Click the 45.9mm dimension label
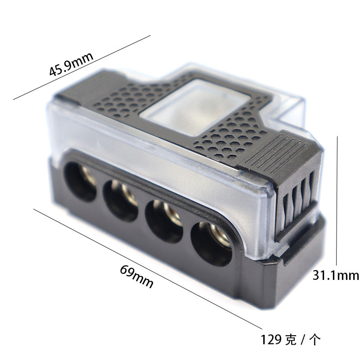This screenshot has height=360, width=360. pos(71,64)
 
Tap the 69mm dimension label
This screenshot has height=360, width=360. pos(137,276)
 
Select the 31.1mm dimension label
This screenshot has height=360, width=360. pos(336,275)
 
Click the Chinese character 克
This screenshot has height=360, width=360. pos(291,340)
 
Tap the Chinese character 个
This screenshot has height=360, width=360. pos(315,340)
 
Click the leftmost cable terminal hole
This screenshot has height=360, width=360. pos(80,182)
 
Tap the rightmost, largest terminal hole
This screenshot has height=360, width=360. pos(211,244)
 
